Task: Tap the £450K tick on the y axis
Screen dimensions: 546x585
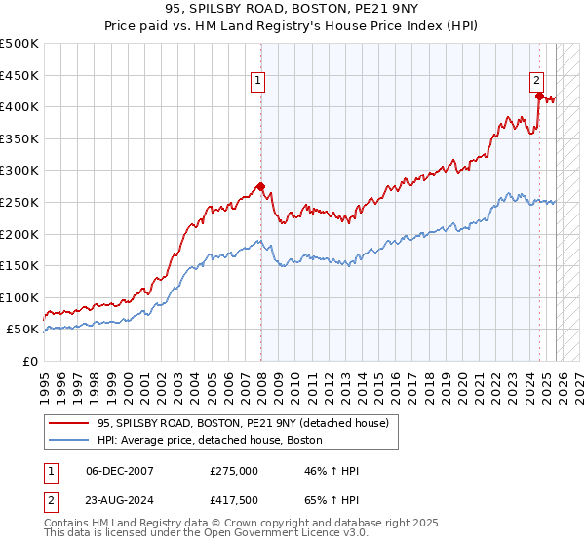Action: tap(20, 75)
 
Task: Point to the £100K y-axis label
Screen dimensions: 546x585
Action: tap(20, 298)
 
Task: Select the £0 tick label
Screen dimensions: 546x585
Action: tap(31, 362)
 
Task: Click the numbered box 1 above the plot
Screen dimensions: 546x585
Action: tap(258, 83)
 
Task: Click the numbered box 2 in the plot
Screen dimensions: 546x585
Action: tap(536, 82)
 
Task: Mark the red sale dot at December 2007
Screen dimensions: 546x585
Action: tap(260, 185)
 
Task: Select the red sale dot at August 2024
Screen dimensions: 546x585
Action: tap(539, 96)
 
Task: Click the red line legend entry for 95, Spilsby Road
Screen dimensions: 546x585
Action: tap(244, 422)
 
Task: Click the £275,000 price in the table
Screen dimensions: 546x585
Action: tap(233, 471)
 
